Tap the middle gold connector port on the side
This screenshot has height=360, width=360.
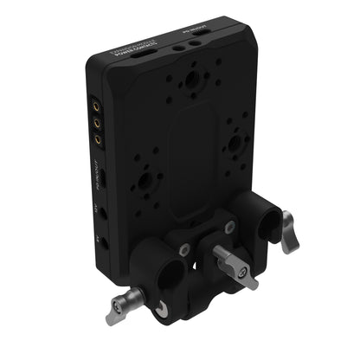[x=99, y=125]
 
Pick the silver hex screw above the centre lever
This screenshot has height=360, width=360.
[x=228, y=228]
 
